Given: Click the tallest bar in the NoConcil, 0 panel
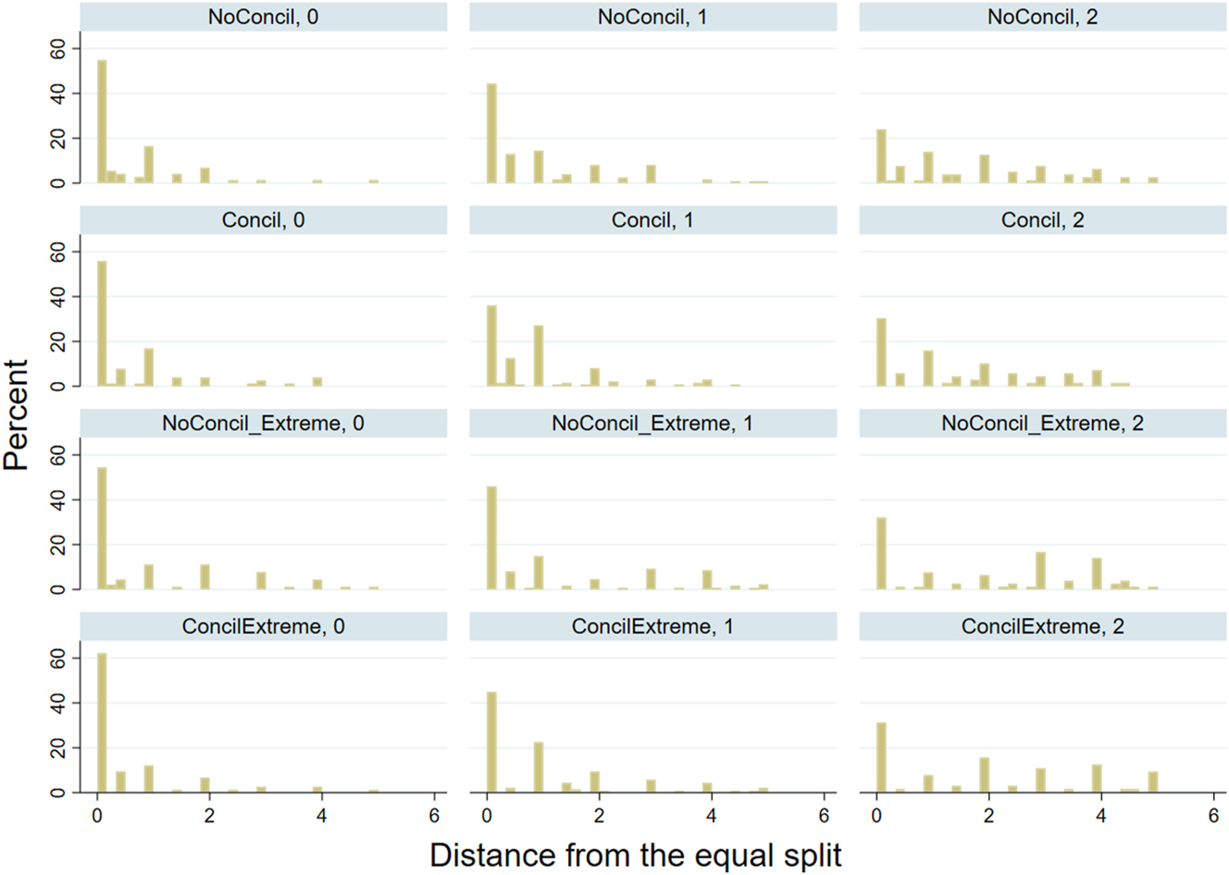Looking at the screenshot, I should pyautogui.click(x=102, y=121).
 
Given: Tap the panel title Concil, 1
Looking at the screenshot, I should pyautogui.click(x=652, y=220).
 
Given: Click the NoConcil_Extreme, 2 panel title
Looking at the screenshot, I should pyautogui.click(x=1042, y=424).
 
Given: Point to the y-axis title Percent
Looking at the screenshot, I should pyautogui.click(x=17, y=415).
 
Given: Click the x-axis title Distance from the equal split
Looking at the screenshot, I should pyautogui.click(x=636, y=855).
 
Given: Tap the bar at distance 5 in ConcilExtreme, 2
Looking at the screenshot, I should pyautogui.click(x=1153, y=782).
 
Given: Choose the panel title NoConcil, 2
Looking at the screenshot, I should pyautogui.click(x=1042, y=17).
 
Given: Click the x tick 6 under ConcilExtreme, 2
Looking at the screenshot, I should pyautogui.click(x=1213, y=816).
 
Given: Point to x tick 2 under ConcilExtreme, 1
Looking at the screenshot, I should pyautogui.click(x=600, y=816).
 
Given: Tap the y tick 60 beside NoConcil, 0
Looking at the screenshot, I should pyautogui.click(x=60, y=48).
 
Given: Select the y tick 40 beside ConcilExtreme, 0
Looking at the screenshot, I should pyautogui.click(x=60, y=703).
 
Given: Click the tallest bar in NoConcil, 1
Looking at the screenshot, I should pyautogui.click(x=491, y=133).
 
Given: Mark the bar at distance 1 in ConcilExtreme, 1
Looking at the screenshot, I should pyautogui.click(x=539, y=767).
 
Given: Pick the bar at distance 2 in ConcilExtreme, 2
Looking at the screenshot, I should pyautogui.click(x=985, y=775).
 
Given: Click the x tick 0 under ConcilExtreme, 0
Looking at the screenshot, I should pyautogui.click(x=97, y=816).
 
